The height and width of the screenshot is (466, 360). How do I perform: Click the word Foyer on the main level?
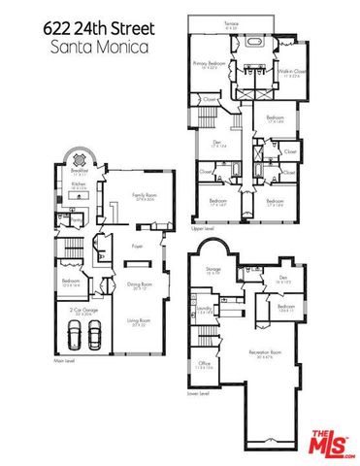tap(138, 247)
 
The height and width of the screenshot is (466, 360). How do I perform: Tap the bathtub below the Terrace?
tap(257, 43)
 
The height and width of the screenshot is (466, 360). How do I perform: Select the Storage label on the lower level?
tap(213, 269)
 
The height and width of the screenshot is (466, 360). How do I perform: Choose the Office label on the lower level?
tap(205, 366)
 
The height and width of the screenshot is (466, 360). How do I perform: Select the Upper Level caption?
tap(203, 228)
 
